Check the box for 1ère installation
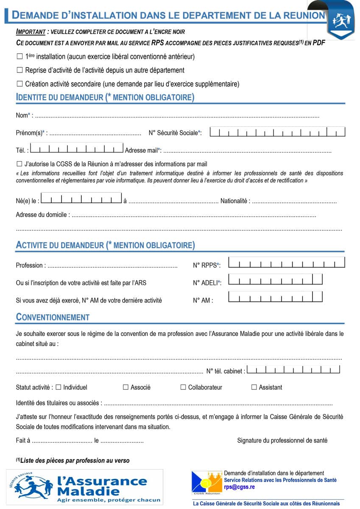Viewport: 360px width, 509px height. (20, 56)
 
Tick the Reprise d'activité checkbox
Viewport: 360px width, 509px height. (20, 70)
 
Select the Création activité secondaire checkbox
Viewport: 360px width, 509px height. (20, 84)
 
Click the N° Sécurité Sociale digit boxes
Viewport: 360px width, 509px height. (277, 132)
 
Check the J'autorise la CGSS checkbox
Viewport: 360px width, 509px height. (20, 164)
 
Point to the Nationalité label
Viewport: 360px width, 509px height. (235, 201)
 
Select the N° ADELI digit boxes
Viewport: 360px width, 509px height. (275, 280)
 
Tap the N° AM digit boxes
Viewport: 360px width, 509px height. (275, 297)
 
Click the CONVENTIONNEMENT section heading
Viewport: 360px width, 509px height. (53, 317)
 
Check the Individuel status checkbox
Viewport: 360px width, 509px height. (59, 387)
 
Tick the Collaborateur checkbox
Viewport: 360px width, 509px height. (183, 387)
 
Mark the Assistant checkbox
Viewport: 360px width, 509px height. (254, 387)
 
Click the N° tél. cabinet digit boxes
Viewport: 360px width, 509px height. (293, 369)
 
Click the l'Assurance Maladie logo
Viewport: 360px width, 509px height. (85, 487)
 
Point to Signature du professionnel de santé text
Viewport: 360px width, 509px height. (282, 440)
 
